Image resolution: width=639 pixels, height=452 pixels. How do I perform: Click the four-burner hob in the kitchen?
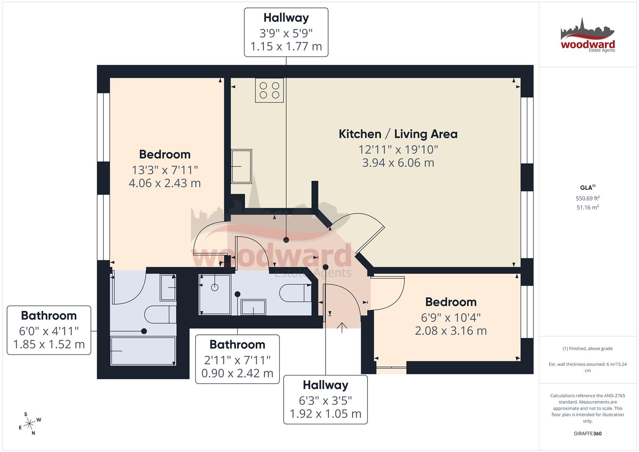tap(269, 90)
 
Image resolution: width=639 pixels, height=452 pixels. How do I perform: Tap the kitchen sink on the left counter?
tap(241, 166)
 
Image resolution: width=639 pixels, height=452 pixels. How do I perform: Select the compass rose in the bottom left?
tap(29, 424)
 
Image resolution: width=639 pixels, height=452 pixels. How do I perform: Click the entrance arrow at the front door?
tap(342, 328)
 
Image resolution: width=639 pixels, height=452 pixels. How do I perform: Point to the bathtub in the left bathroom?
tap(143, 351)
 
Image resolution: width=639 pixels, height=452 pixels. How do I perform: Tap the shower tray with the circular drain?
tap(215, 294)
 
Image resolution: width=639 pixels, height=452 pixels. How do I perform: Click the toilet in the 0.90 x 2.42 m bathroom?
tap(295, 293)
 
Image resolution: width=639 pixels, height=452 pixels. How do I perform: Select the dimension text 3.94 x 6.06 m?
tap(398, 163)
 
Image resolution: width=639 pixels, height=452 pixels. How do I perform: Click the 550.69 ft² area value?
tap(588, 198)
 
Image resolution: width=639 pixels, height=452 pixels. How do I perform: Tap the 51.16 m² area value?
tap(588, 207)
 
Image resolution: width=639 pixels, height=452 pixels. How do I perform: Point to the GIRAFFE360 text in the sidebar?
tap(588, 434)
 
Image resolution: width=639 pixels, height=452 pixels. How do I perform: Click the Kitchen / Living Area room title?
tap(398, 134)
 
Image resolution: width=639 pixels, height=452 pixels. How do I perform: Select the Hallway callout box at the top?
tap(286, 32)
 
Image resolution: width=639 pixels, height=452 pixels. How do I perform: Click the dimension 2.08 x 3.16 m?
tap(451, 331)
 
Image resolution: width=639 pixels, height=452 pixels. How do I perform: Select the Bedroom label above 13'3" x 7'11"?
tap(164, 154)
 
